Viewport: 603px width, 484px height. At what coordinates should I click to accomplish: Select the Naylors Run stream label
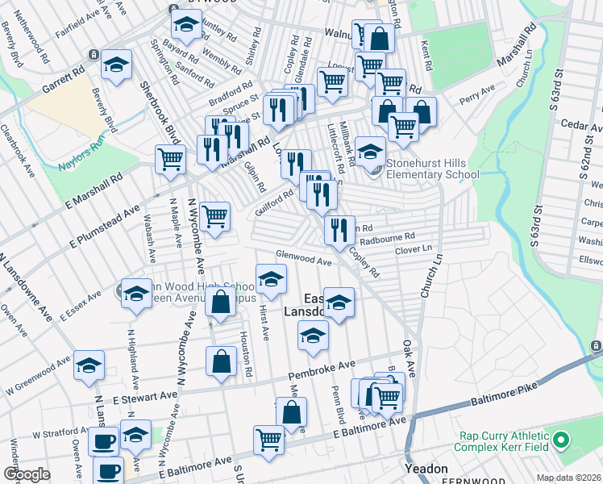point(82,157)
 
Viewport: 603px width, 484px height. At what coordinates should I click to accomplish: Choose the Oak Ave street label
point(409,356)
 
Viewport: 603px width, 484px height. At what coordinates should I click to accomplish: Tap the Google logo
point(27,474)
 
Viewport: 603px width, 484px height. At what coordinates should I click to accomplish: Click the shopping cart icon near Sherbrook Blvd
point(171,157)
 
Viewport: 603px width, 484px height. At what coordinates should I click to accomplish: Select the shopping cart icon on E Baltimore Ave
point(269,439)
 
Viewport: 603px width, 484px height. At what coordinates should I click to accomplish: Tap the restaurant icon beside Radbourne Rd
point(339,229)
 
